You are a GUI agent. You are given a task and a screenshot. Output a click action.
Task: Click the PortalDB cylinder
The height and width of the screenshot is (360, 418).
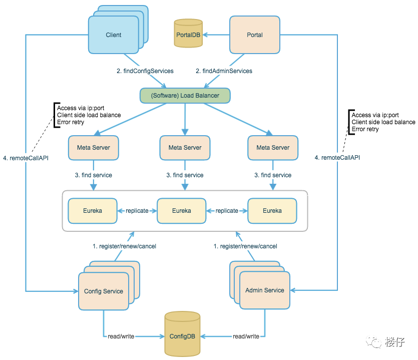tap(188, 34)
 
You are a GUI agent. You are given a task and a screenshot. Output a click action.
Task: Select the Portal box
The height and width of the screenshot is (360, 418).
tap(254, 35)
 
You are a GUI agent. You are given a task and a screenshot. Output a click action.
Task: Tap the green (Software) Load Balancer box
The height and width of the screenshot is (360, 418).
tap(186, 95)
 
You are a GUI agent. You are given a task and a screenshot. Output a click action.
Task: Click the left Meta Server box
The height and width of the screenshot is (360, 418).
tap(93, 148)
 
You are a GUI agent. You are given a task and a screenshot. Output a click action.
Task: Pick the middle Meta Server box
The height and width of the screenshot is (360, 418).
tap(185, 148)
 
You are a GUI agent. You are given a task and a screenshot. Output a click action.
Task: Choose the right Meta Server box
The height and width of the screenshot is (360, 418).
tap(273, 148)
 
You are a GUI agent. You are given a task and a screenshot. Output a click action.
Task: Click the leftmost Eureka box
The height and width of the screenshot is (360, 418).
tap(93, 211)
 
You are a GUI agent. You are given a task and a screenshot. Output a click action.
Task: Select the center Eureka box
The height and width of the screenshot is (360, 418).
tap(181, 211)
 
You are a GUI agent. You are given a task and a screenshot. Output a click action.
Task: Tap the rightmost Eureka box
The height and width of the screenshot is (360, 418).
tap(272, 211)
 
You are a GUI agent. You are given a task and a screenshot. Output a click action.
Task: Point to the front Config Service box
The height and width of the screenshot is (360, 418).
tap(103, 291)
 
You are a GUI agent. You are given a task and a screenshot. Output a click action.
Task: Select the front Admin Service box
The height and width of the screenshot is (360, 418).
tap(265, 290)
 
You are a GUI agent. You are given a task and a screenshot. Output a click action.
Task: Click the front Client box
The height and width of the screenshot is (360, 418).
tap(114, 35)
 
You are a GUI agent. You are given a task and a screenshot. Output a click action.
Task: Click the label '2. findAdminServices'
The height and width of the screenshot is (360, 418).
tap(224, 71)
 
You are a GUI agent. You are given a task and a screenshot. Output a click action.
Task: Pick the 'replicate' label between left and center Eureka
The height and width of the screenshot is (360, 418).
tap(137, 211)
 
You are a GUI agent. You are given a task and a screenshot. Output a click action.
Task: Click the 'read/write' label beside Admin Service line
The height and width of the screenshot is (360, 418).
tap(246, 336)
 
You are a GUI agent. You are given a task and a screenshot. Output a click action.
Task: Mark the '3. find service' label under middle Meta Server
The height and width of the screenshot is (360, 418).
tap(185, 175)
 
